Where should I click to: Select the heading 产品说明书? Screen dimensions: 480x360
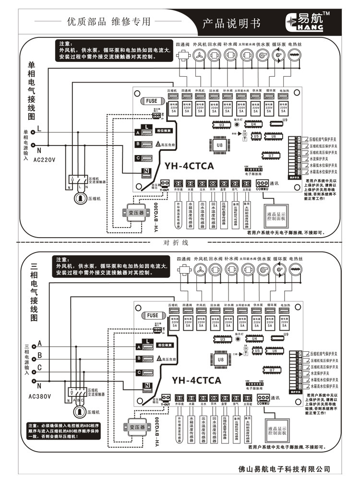[231, 23]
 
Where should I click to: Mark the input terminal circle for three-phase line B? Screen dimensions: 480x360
[33, 356]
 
